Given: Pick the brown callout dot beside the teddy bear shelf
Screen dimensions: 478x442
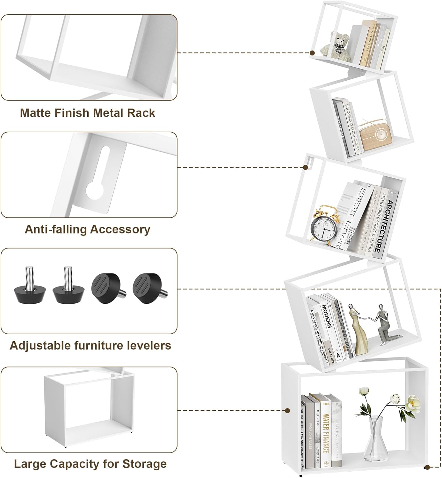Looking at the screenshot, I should click(x=313, y=53).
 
